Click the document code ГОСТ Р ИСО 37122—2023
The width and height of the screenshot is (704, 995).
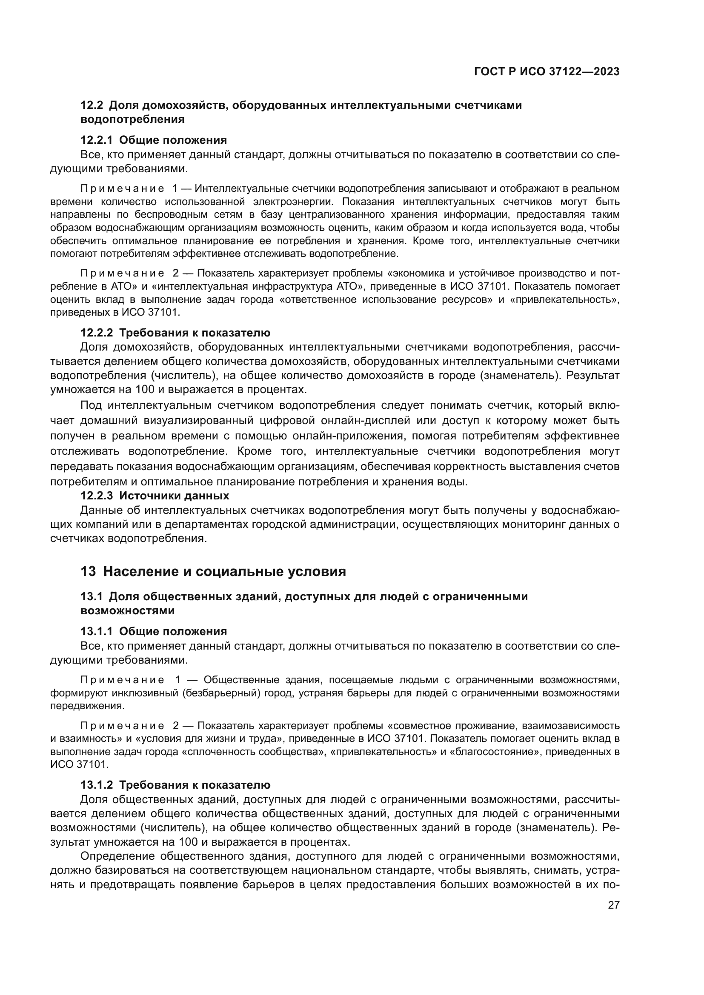tap(547, 71)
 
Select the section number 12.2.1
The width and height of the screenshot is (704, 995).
tap(96, 140)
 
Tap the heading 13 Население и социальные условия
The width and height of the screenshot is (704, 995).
tap(213, 572)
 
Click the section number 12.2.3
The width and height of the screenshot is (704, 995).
tap(96, 495)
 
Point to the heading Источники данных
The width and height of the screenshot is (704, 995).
tap(174, 495)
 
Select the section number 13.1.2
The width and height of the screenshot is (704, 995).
tap(96, 785)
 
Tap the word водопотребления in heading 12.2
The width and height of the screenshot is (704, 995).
tap(133, 120)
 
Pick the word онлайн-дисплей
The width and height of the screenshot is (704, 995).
tap(367, 421)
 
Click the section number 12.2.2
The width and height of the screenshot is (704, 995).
tap(96, 333)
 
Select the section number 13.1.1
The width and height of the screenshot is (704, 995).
tap(96, 631)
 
